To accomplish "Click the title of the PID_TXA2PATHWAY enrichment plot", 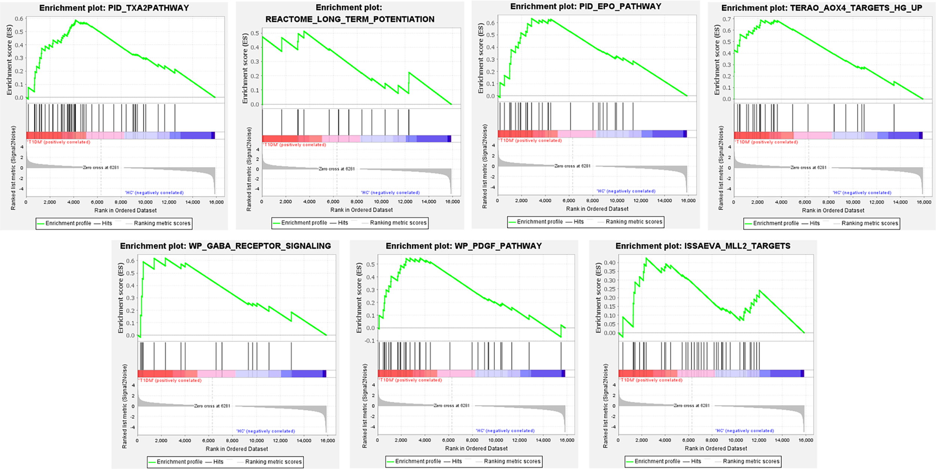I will (114, 8).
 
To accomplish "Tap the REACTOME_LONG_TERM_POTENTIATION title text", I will (350, 19).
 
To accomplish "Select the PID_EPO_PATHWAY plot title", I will (586, 6).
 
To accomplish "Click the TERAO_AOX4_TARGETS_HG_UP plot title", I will (821, 8).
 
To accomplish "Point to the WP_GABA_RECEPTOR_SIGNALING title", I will (225, 246).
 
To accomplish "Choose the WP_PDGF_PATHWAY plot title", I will (464, 246).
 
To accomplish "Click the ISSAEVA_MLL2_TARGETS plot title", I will (703, 246).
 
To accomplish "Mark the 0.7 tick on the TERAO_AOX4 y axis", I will (726, 19).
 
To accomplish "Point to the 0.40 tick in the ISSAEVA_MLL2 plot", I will (609, 262).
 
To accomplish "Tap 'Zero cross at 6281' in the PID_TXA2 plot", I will (101, 168).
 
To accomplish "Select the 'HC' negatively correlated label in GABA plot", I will (265, 431).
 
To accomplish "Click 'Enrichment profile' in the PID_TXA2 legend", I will (68, 223).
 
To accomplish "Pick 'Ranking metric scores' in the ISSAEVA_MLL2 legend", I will (751, 461).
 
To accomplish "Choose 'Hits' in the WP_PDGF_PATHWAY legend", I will (457, 461).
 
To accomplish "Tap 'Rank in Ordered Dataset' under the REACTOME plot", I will (361, 210).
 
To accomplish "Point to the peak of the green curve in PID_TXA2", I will (76, 20).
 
